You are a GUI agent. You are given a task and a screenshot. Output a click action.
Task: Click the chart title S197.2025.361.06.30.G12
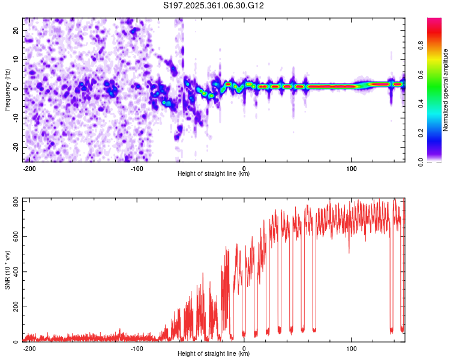pos(214,6)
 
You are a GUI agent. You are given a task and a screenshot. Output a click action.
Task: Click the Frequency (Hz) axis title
pos(7,90)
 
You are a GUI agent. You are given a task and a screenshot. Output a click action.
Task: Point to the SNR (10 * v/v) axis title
pos(7,269)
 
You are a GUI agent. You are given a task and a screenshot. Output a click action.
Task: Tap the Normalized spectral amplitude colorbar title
pos(446,90)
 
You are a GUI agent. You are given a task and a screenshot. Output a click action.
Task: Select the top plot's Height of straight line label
pos(214,174)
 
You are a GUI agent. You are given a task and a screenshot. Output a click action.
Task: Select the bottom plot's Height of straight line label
pos(214,354)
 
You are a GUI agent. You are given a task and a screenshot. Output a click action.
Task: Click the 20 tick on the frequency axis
pos(16,30)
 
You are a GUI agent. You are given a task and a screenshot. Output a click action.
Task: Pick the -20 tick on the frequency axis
pos(15,147)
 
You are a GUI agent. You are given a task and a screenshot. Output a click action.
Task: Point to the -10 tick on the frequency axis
pos(15,118)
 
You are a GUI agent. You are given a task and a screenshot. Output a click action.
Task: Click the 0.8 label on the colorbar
pos(420,45)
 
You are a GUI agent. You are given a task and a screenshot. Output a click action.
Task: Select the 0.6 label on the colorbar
pos(420,74)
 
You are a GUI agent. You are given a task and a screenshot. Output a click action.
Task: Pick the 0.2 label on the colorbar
pos(420,133)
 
